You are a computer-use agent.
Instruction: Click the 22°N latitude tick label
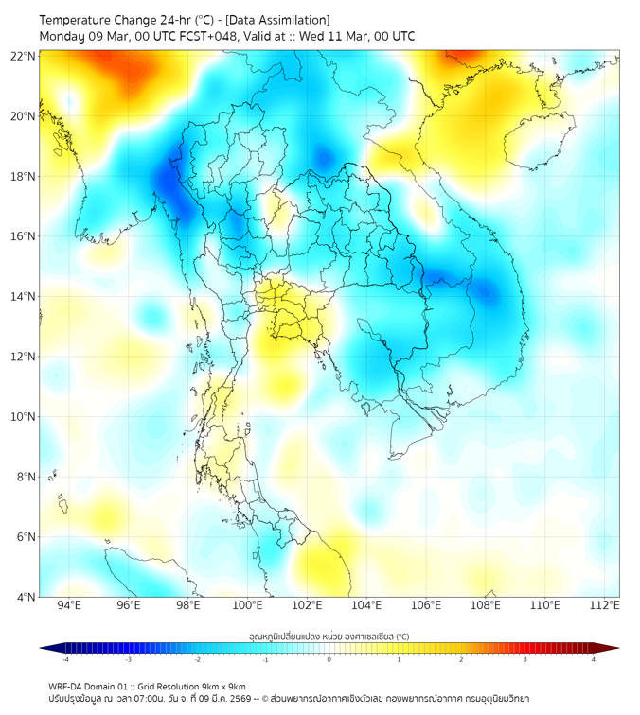(x=24, y=56)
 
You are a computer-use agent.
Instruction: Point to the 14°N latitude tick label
(x=24, y=296)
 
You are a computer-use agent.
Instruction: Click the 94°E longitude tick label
(x=69, y=605)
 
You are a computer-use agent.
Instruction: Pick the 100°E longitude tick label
(x=247, y=605)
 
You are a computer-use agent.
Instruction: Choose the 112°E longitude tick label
(x=605, y=605)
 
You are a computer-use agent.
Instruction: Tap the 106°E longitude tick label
(x=426, y=605)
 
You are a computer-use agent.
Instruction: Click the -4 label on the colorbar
(x=64, y=659)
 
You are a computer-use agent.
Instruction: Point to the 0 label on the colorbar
(x=329, y=659)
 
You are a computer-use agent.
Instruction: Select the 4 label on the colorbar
(x=594, y=659)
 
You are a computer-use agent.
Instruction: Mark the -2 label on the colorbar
(x=197, y=659)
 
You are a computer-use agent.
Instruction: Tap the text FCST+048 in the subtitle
(x=205, y=36)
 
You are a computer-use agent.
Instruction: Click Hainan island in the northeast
(x=532, y=142)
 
